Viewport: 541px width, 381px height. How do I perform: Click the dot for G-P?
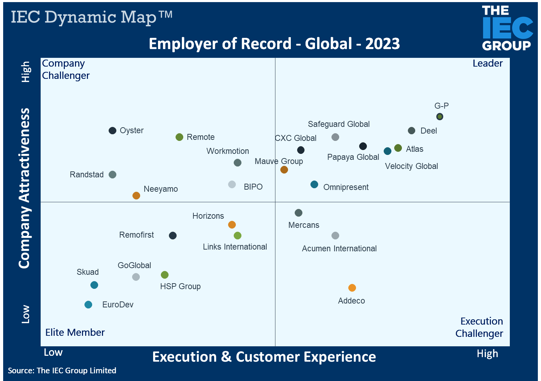pyautogui.click(x=440, y=116)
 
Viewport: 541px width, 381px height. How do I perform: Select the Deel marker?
pyautogui.click(x=412, y=131)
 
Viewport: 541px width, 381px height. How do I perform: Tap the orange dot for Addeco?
pyautogui.click(x=352, y=288)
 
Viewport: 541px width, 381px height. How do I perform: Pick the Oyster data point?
pyautogui.click(x=112, y=131)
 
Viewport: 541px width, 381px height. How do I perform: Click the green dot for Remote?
pyautogui.click(x=179, y=137)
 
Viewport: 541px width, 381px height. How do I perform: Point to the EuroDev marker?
pyautogui.click(x=88, y=305)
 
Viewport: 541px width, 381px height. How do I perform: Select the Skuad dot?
pyautogui.click(x=94, y=285)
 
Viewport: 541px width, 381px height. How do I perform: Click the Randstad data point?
pyautogui.click(x=112, y=175)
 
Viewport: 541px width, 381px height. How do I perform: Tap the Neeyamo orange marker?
pyautogui.click(x=136, y=196)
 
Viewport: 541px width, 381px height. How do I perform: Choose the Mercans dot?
pyautogui.click(x=299, y=213)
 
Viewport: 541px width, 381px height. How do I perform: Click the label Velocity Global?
pyautogui.click(x=411, y=166)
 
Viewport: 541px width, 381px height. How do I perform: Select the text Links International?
pyautogui.click(x=235, y=247)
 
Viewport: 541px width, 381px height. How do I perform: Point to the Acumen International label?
pyautogui.click(x=339, y=249)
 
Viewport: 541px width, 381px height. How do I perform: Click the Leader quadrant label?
pyautogui.click(x=487, y=63)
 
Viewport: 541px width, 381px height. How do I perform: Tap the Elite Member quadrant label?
pyautogui.click(x=75, y=332)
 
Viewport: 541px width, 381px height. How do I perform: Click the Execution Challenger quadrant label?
pyautogui.click(x=479, y=327)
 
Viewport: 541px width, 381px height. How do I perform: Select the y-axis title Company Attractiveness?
pyautogui.click(x=24, y=188)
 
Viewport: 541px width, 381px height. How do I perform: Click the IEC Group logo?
pyautogui.click(x=507, y=28)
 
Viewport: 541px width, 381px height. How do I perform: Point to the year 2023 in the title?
pyautogui.click(x=382, y=44)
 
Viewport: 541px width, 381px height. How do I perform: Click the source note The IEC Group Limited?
pyautogui.click(x=76, y=370)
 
